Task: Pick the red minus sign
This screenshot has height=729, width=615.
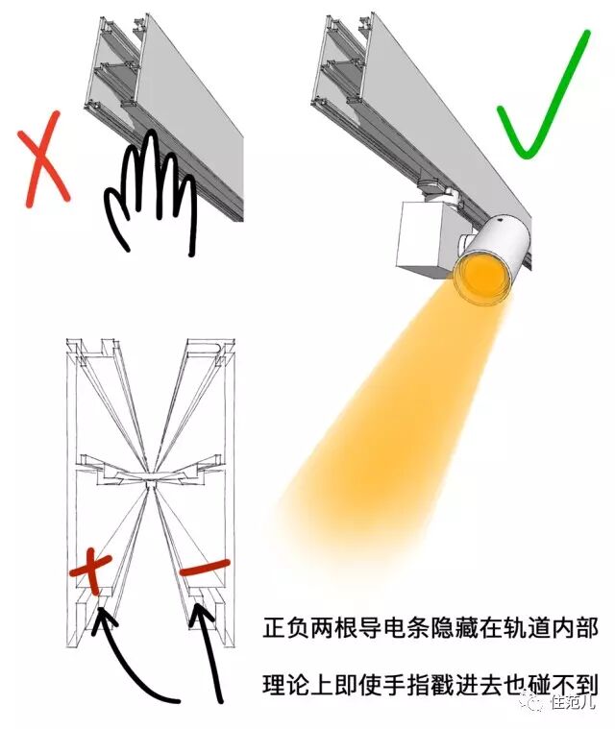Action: (x=205, y=568)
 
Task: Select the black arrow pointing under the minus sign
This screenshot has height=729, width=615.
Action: (x=209, y=651)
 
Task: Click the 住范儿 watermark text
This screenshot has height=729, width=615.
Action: (x=573, y=702)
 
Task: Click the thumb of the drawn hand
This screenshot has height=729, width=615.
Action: (x=115, y=215)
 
